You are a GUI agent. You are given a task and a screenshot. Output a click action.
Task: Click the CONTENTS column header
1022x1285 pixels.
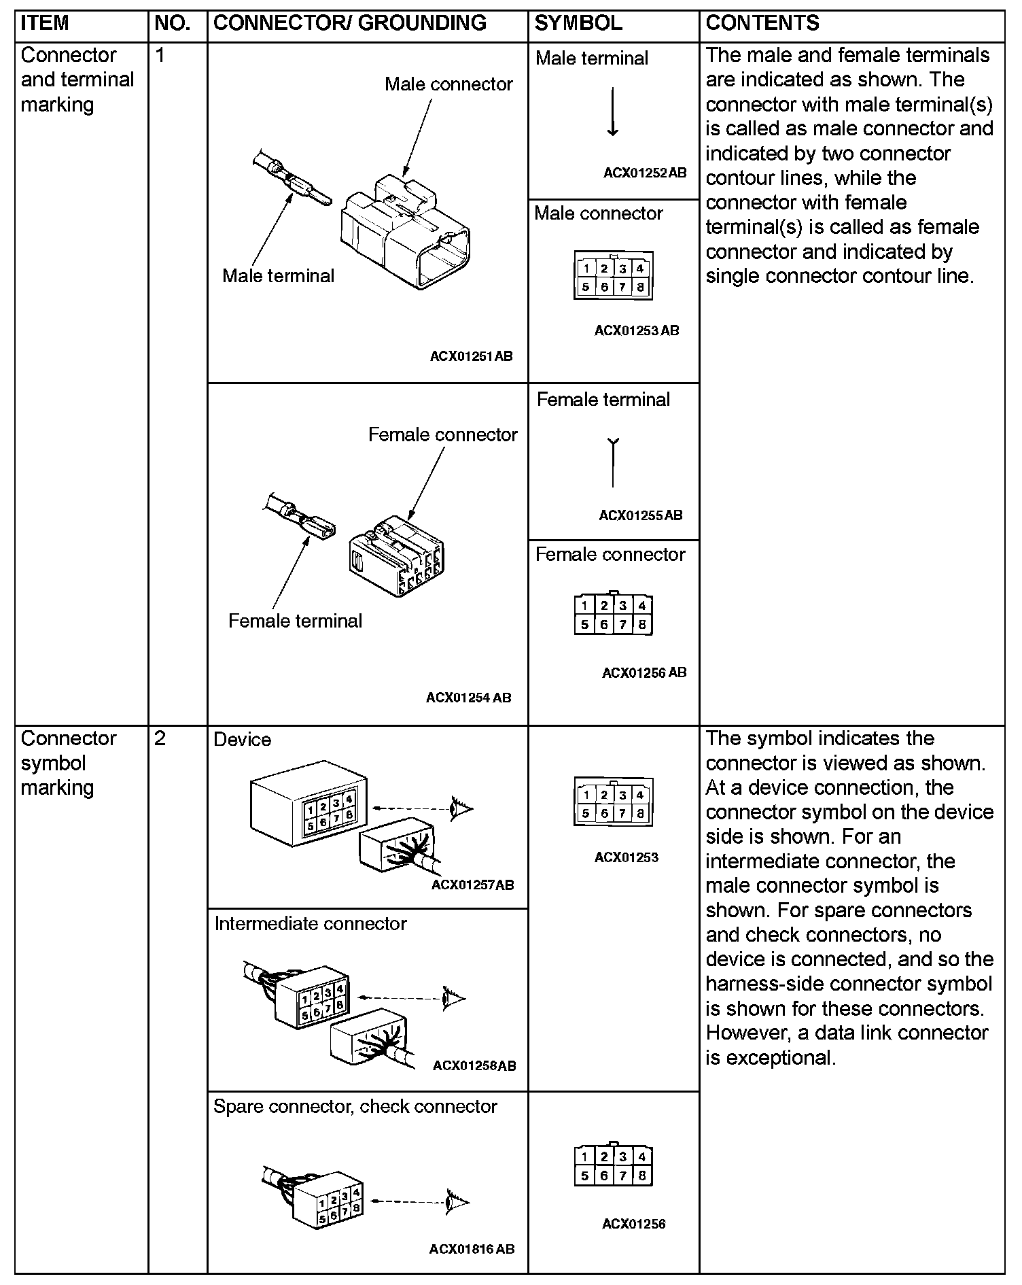[x=762, y=23]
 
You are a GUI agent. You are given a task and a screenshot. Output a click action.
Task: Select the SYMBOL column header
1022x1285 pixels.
[x=578, y=23]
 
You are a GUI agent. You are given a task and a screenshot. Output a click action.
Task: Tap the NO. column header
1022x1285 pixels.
[x=173, y=23]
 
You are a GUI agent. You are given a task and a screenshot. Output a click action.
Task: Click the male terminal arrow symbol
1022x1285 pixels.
[x=612, y=112]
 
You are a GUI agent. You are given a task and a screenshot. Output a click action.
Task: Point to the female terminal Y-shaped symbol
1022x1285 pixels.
[x=612, y=463]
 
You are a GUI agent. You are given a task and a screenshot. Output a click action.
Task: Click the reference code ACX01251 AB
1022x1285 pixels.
[x=471, y=356]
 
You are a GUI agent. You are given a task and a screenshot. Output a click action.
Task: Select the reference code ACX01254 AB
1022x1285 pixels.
[x=468, y=698]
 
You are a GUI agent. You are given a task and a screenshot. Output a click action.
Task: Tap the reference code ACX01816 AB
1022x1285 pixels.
[x=472, y=1249]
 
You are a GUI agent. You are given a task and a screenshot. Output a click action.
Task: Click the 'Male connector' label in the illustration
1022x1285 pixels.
[x=448, y=84]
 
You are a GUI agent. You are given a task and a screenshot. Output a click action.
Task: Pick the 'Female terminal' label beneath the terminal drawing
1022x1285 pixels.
[x=295, y=621]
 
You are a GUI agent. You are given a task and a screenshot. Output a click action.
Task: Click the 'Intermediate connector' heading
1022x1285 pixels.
[x=311, y=923]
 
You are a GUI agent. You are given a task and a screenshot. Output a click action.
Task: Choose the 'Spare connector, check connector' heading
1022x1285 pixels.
[x=355, y=1106]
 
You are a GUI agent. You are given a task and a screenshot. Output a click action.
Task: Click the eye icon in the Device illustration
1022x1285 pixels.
[x=462, y=808]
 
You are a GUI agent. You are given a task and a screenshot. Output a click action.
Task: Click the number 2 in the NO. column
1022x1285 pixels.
[x=160, y=738]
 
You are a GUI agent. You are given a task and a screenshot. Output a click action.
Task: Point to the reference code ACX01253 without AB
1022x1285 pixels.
[x=626, y=857]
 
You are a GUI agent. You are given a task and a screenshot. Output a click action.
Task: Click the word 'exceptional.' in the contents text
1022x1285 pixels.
[x=770, y=1057]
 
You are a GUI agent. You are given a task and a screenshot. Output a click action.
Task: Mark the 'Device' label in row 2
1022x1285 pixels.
[x=242, y=740]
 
